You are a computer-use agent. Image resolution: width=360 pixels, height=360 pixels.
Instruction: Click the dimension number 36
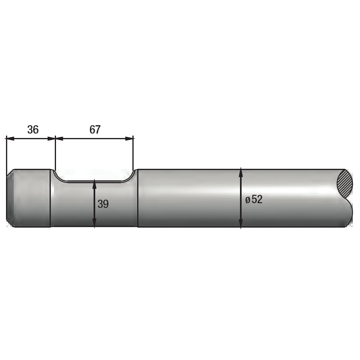(x=33, y=130)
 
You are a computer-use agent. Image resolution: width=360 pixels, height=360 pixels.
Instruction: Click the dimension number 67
(x=95, y=130)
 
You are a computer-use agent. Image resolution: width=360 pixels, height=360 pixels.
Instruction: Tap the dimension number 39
(x=103, y=204)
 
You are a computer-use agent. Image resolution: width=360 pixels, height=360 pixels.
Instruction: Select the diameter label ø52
(x=254, y=199)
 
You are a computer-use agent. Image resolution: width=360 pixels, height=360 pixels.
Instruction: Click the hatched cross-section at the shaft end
(x=345, y=183)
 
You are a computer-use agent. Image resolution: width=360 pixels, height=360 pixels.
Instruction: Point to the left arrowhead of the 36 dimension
(x=10, y=138)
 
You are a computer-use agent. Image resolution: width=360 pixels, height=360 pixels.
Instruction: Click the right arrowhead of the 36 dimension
(x=52, y=138)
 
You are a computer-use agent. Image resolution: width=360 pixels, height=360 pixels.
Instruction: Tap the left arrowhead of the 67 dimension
(x=60, y=138)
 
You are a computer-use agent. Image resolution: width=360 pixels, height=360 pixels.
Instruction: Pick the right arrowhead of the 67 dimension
(x=129, y=138)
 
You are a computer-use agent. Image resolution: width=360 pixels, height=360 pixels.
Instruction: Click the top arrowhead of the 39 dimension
(x=94, y=184)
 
